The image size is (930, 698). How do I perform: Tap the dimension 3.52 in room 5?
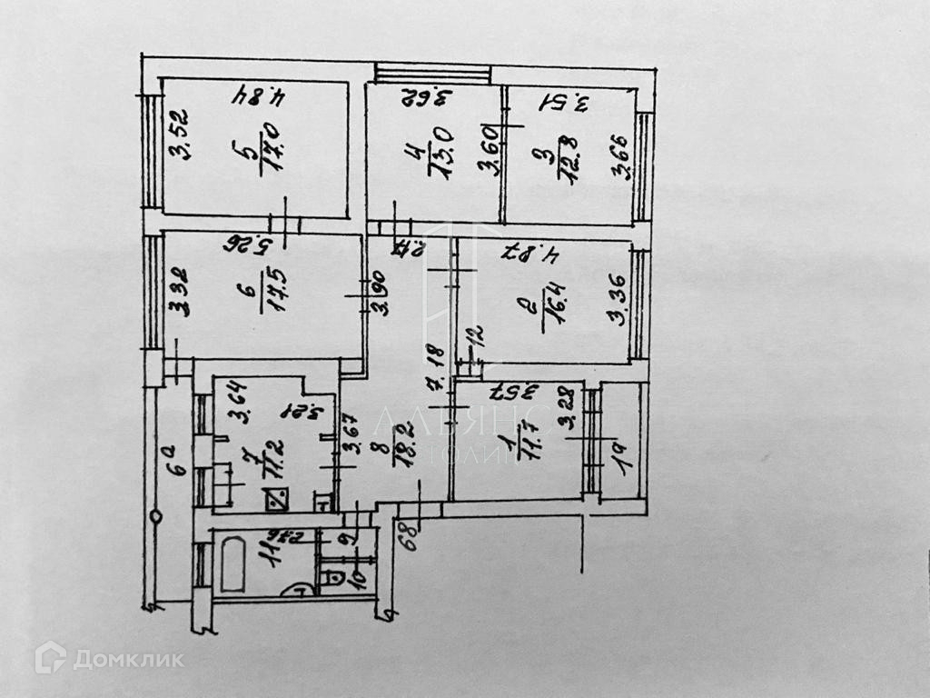pos(178,133)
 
